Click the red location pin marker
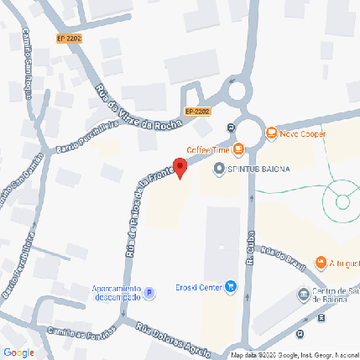pos(180,166)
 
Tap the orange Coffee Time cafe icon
pos(238,149)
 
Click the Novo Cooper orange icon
pos(270,133)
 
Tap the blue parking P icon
pos(149,293)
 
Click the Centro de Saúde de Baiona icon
pos(304,295)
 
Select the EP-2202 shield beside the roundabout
pos(197,111)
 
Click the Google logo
pos(18,352)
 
